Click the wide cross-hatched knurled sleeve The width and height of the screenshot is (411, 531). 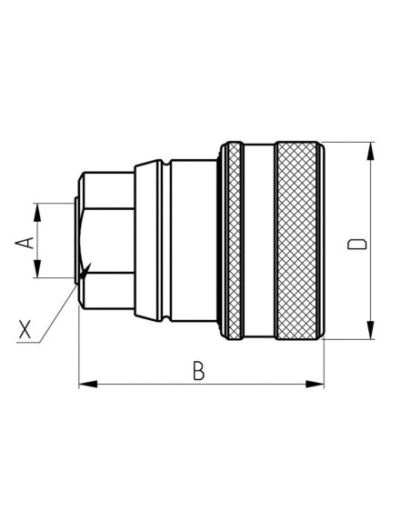coord(298,241)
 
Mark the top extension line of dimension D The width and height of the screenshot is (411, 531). coord(350,142)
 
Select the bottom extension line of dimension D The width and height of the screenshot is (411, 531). coord(350,340)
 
